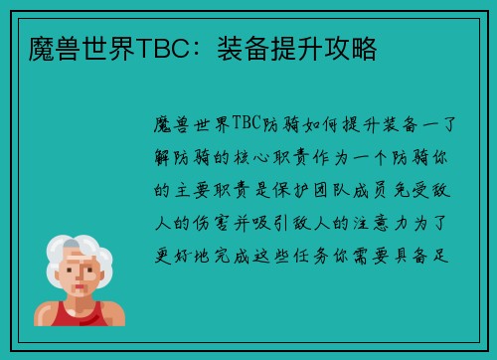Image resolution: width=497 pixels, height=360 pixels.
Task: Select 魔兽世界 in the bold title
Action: click(x=70, y=47)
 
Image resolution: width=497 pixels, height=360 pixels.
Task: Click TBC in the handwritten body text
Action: click(x=246, y=124)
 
